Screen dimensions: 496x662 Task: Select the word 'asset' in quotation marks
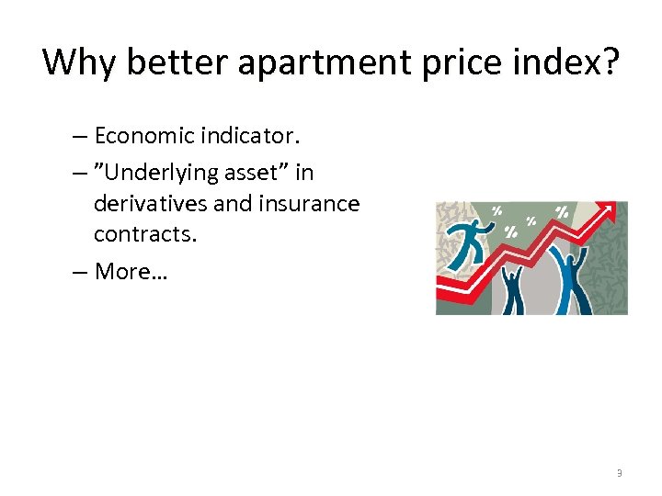[258, 172]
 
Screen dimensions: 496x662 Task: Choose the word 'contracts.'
[145, 234]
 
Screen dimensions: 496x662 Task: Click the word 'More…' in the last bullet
[130, 271]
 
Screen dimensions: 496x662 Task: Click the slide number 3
[619, 473]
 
